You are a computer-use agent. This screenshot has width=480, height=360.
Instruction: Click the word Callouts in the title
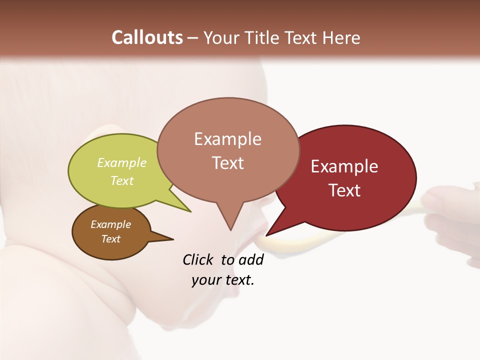[x=147, y=37]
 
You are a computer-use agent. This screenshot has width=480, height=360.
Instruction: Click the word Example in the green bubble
[x=122, y=163]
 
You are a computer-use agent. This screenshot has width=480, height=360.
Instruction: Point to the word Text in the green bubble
[x=122, y=180]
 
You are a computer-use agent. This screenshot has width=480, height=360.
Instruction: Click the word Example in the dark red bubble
[x=344, y=166]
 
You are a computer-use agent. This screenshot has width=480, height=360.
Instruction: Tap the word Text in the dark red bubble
[x=344, y=190]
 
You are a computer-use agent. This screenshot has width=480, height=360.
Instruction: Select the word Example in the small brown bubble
[x=110, y=224]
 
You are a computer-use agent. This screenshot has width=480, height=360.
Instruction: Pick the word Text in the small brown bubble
[x=110, y=239]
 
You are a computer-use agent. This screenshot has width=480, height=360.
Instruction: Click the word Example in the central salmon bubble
[x=227, y=139]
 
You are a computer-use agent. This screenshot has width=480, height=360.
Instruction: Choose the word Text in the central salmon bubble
[x=227, y=163]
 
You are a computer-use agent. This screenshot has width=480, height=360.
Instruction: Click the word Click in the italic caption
[x=198, y=260]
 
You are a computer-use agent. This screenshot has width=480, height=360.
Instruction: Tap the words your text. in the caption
[x=223, y=280]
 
